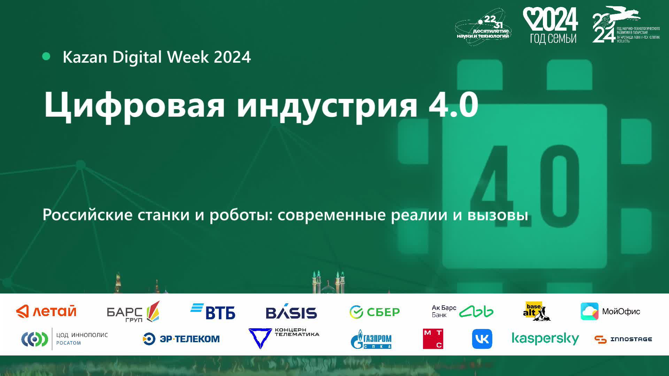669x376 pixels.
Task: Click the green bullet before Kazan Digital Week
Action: coord(46,56)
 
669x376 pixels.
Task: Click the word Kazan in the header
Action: coord(85,57)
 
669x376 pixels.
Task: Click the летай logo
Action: coord(46,311)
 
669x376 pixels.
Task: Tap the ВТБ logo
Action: coord(213,311)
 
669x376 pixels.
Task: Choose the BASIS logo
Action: coord(291,312)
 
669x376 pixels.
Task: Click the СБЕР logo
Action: coord(375,312)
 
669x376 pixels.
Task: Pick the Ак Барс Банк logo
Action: coord(462,311)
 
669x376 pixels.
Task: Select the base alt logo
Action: coord(536,311)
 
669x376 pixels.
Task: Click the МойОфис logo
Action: coord(610,311)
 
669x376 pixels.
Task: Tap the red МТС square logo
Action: coord(433,339)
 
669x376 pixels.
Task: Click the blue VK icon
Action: coord(482,339)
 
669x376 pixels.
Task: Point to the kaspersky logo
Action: coord(545,339)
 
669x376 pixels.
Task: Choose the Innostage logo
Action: coord(623,339)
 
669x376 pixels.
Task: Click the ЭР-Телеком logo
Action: coord(181,339)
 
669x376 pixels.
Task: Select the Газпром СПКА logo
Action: coord(371,339)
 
